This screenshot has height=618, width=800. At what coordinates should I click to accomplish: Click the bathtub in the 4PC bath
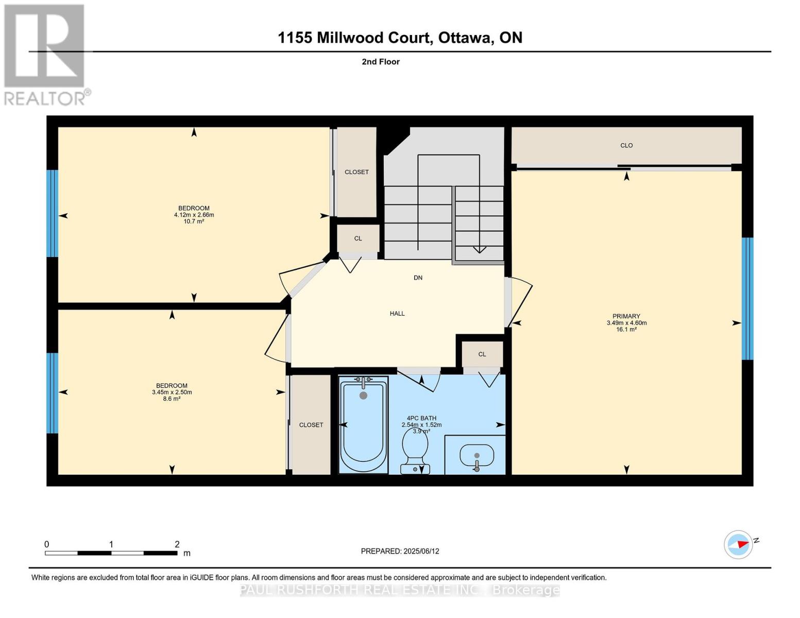point(363,425)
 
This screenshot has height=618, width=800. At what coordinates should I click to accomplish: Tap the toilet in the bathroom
point(415,448)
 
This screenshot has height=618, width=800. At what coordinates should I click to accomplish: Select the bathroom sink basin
point(476,455)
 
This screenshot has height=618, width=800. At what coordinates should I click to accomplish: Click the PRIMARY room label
point(626,316)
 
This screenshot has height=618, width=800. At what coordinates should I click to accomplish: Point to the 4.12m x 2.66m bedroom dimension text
point(194,215)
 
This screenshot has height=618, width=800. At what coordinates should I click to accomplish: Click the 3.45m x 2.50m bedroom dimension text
point(172,392)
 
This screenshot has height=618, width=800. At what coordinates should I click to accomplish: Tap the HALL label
point(397,313)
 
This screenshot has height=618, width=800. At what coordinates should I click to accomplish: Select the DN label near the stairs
point(418,278)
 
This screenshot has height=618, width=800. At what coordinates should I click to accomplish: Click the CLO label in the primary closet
point(626,145)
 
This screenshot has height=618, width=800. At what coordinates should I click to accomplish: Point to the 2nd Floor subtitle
point(380,62)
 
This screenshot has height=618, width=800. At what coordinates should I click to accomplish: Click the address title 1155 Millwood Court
point(400,38)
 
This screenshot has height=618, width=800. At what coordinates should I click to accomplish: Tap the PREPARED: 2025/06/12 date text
point(400,551)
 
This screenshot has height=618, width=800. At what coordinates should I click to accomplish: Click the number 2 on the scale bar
point(177,544)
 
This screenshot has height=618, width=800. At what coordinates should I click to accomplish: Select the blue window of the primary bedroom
point(747,298)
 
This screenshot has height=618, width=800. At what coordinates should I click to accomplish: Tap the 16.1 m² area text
point(626,330)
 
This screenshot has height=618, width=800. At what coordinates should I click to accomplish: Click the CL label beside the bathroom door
point(482,354)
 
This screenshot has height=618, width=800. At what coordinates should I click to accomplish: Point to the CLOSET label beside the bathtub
point(311,425)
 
